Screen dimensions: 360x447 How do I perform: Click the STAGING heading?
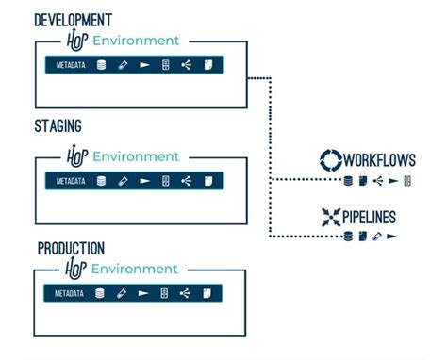[58, 125]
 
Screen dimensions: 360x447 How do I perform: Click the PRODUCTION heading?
[71, 249]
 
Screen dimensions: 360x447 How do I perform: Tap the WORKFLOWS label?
[379, 159]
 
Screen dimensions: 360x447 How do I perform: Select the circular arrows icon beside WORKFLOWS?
[331, 159]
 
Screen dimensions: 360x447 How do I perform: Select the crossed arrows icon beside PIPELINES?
[332, 216]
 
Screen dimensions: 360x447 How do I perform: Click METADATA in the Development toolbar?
[71, 66]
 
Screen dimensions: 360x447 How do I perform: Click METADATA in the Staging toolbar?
[71, 181]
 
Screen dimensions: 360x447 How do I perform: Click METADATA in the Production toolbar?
[69, 294]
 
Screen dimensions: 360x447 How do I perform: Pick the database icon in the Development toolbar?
[101, 66]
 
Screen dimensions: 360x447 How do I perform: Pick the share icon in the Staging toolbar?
[186, 181]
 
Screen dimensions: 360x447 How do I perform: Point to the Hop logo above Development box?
[76, 41]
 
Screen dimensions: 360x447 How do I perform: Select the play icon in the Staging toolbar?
[144, 181]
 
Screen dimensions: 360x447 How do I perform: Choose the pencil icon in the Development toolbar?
[123, 66]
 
